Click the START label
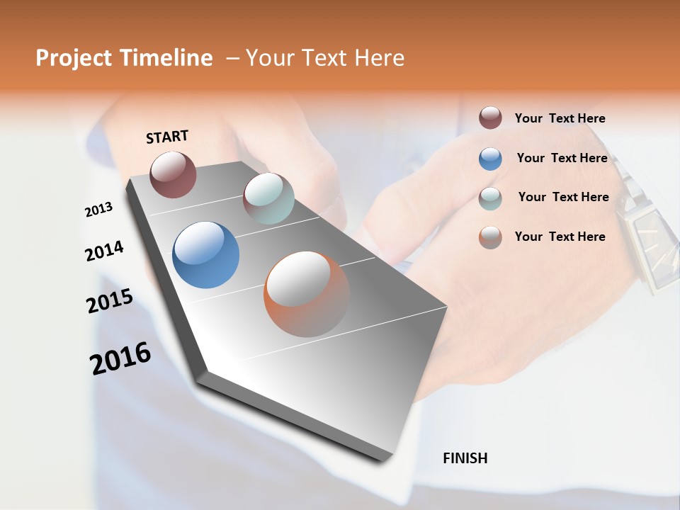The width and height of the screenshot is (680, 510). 167,137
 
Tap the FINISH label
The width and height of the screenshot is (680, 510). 465,458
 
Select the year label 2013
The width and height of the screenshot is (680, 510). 98,210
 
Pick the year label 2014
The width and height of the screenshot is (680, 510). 104,251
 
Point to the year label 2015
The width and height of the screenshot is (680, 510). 110,301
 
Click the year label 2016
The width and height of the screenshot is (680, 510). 120,358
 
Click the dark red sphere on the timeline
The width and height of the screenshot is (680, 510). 173,174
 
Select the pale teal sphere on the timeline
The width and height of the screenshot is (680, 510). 268,198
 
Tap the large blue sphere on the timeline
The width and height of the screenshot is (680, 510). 205,255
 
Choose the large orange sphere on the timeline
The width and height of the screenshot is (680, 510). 307,294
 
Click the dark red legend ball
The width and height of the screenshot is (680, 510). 490,118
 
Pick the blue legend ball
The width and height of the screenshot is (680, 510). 490,159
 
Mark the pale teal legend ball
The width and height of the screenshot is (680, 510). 490,198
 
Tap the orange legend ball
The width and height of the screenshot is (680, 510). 490,237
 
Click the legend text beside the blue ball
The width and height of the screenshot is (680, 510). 562,158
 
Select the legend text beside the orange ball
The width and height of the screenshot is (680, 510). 560,237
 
